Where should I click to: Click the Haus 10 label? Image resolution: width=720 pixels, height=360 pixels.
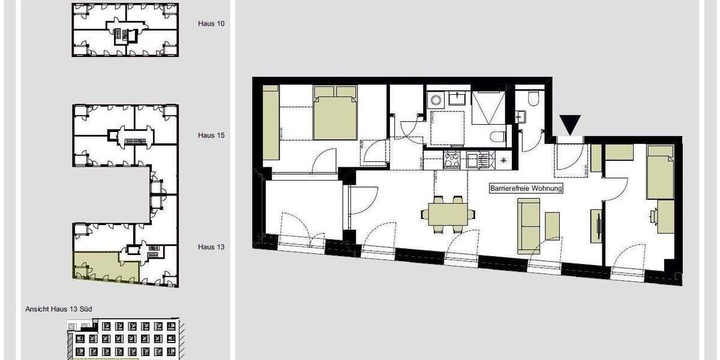211,24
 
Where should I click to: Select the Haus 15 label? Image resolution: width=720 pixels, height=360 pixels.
211,136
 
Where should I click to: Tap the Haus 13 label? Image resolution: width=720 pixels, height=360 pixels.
211,247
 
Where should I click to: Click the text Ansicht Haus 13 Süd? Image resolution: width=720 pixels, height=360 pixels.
58,309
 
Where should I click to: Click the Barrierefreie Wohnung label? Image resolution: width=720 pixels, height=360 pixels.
526,188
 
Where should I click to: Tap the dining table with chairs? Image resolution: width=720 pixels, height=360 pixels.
448,214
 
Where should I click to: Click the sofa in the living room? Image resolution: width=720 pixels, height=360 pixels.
529,225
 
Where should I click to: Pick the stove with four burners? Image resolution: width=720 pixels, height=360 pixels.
451,160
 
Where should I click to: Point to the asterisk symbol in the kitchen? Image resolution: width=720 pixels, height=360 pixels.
503,160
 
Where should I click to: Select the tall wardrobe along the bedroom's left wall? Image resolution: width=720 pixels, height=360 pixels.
271,123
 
